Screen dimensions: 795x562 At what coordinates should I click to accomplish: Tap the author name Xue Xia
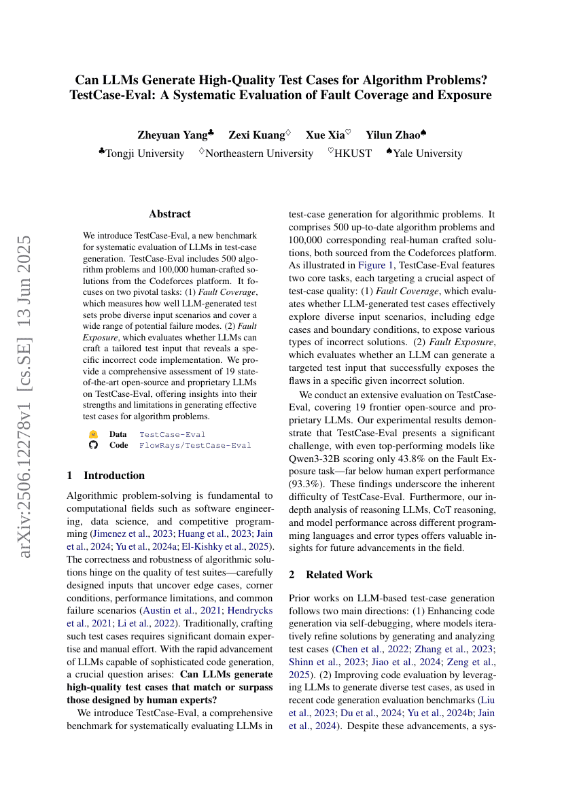click(325, 135)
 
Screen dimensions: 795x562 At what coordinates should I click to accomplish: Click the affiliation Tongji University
click(145, 154)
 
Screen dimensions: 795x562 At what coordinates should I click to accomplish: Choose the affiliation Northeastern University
click(259, 154)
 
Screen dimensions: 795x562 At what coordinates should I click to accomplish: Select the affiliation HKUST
click(353, 154)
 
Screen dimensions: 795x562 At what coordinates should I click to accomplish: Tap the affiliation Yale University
click(427, 154)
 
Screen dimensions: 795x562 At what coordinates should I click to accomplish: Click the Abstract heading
click(169, 214)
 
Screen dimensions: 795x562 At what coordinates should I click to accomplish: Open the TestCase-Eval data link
click(172, 434)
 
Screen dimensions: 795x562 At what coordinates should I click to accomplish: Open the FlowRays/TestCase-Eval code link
click(195, 446)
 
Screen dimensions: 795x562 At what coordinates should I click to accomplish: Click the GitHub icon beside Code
click(94, 446)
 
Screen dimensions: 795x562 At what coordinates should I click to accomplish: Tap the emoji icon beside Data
click(94, 434)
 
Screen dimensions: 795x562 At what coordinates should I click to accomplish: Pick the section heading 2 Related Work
click(330, 575)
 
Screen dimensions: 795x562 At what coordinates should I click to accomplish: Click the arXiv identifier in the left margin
click(25, 397)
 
